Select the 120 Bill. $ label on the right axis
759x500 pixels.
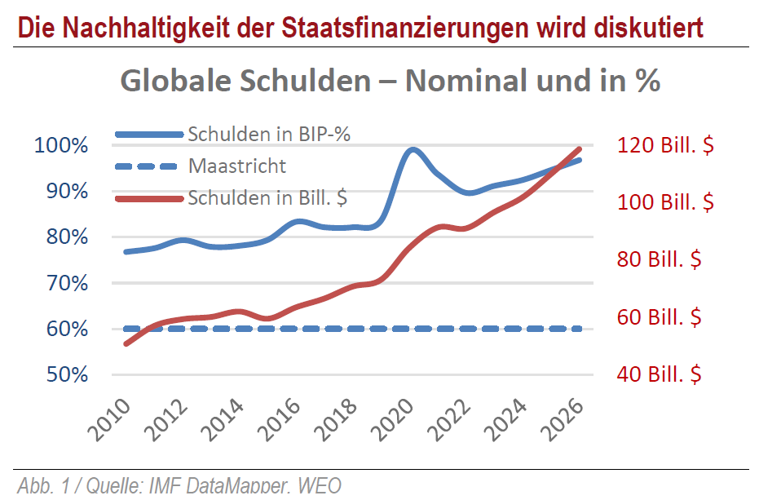tap(665, 146)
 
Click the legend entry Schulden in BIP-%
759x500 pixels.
tap(269, 135)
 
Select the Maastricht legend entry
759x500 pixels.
tap(237, 166)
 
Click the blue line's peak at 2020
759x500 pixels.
tap(413, 149)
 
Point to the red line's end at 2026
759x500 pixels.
tap(579, 149)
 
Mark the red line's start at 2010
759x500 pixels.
tap(126, 344)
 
